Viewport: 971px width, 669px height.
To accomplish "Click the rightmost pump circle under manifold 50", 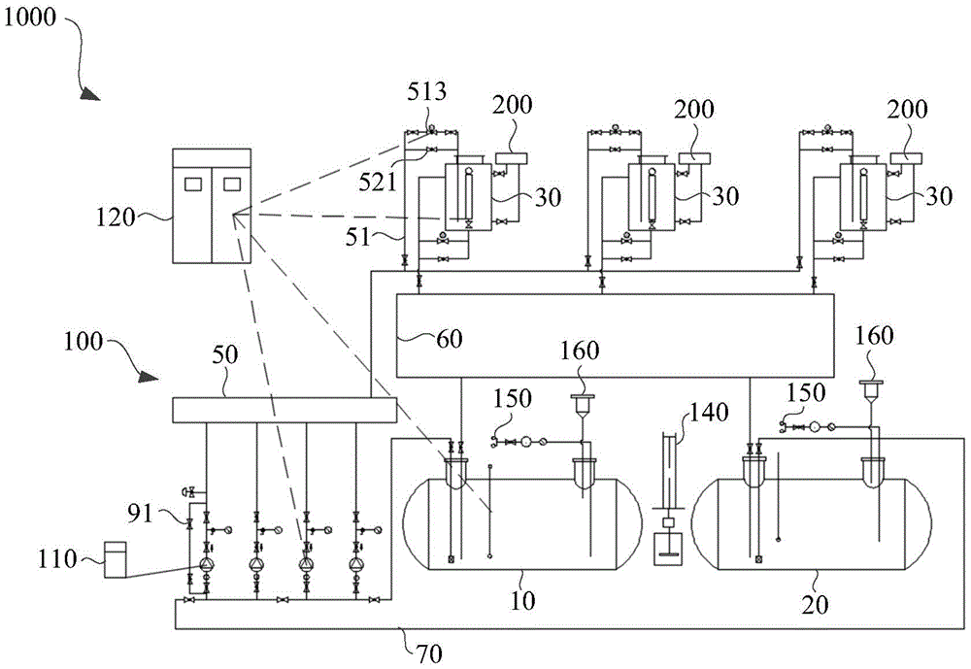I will (356, 564).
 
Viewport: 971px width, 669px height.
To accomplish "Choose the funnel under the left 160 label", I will (582, 402).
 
